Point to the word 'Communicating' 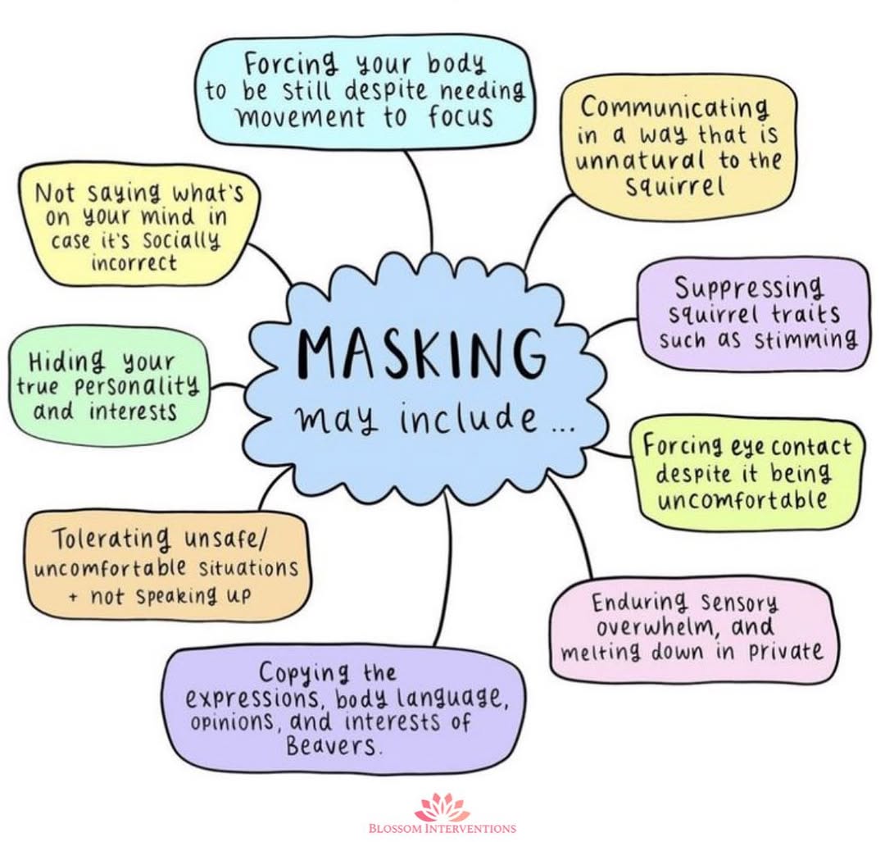pos(675,108)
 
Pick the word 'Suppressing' pos(748,288)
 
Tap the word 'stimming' pos(806,339)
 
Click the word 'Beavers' pos(334,747)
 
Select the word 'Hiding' pos(67,362)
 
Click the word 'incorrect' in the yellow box pos(134,263)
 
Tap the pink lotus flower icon pos(442,807)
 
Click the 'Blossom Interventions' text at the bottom pos(442,828)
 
